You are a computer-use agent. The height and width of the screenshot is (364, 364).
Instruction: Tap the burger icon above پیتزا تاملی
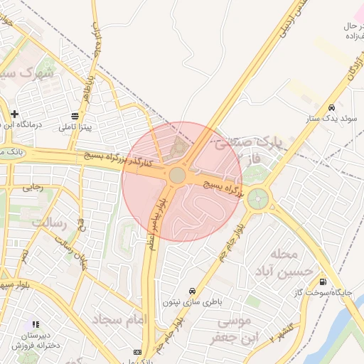[x=75, y=116]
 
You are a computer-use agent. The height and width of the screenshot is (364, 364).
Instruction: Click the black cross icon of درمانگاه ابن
[x=14, y=114]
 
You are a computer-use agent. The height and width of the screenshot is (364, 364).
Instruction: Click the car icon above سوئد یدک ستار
[x=331, y=107]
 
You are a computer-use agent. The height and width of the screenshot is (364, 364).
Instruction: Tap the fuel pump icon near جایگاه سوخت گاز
[x=324, y=281]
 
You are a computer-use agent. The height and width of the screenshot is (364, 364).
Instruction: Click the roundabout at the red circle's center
[x=177, y=175]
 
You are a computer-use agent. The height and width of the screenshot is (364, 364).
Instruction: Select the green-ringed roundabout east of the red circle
[x=257, y=198]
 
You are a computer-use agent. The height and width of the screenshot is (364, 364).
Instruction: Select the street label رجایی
[x=33, y=188]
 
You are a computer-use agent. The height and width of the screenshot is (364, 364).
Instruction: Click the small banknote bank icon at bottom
[x=137, y=353]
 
